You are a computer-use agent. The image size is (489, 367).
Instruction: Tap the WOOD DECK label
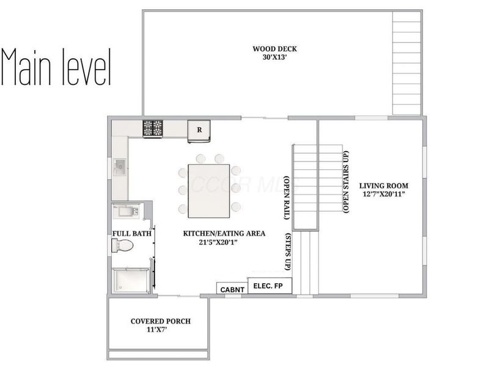[271, 49]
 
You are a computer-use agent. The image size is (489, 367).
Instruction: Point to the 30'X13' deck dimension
[271, 59]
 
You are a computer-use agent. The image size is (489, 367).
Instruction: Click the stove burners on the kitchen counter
[153, 128]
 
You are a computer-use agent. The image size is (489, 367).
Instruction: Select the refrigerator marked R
[199, 130]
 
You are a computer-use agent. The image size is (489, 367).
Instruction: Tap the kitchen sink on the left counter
[120, 165]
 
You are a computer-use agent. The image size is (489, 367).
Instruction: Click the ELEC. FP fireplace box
[270, 285]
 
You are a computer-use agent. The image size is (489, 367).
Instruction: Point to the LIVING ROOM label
[383, 185]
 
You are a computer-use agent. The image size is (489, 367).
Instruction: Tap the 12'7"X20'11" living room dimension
[383, 195]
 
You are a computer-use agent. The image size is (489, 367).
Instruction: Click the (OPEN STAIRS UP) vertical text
[347, 182]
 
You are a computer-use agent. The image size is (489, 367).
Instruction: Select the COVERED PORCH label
[160, 321]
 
